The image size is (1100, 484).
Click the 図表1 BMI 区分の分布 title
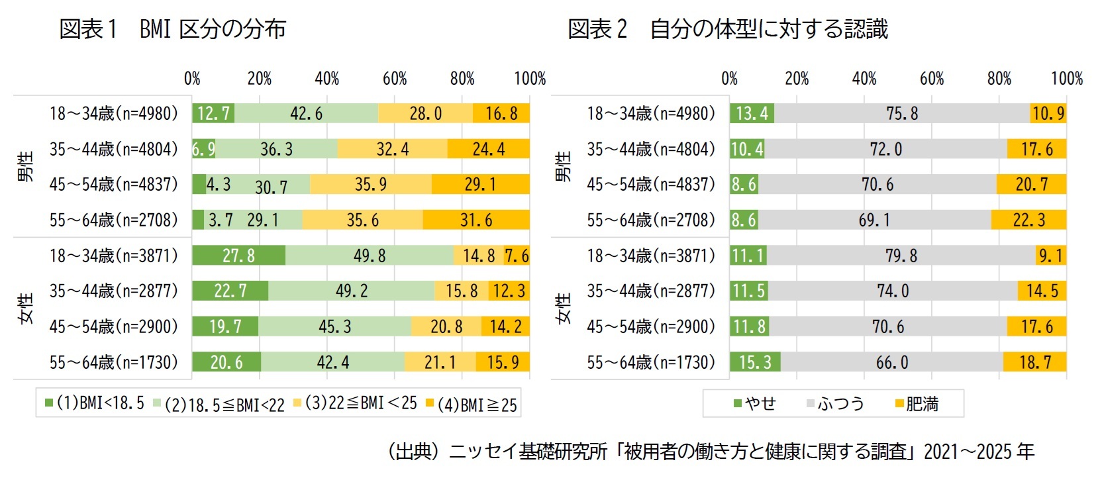[x=172, y=29]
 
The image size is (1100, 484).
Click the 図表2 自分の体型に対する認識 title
[x=727, y=29]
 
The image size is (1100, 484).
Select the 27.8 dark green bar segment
[x=238, y=256]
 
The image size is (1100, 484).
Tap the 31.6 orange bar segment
[x=476, y=220]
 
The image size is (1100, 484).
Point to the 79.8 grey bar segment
[x=901, y=256]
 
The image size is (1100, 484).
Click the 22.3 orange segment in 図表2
[x=1028, y=220]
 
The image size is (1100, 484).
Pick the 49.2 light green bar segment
[x=352, y=291]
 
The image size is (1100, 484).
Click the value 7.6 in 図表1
[x=517, y=256]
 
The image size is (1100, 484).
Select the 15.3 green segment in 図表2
[x=755, y=362]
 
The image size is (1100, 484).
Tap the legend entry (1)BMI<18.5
[x=94, y=403]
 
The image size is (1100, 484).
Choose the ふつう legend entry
[x=836, y=403]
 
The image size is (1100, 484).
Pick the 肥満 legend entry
[x=917, y=403]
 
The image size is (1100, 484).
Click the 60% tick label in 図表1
[x=395, y=79]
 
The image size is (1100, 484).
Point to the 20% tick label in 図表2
[x=797, y=79]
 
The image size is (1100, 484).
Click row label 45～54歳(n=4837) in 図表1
[x=114, y=184]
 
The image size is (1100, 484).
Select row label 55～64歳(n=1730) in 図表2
[x=651, y=362]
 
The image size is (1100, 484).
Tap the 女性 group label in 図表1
[x=26, y=309]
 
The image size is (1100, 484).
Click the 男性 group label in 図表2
[x=563, y=166]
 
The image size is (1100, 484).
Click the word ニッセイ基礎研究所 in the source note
[x=528, y=452]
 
